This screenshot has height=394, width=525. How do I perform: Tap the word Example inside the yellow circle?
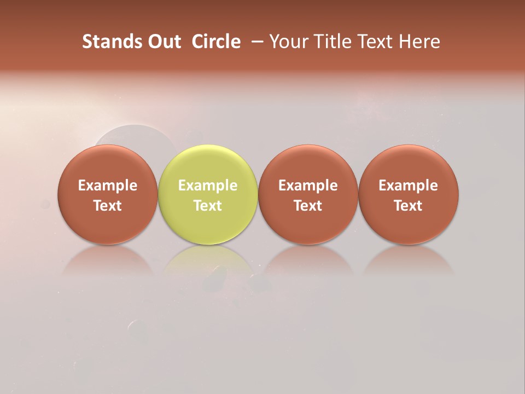(x=208, y=186)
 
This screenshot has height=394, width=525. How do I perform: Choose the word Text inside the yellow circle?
(x=208, y=206)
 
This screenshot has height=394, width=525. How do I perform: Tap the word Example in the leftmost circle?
(x=108, y=186)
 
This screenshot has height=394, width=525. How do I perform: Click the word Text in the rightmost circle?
(x=409, y=206)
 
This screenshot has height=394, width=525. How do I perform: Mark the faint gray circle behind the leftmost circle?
(x=137, y=135)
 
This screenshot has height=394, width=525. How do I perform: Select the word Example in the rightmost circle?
(x=409, y=186)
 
